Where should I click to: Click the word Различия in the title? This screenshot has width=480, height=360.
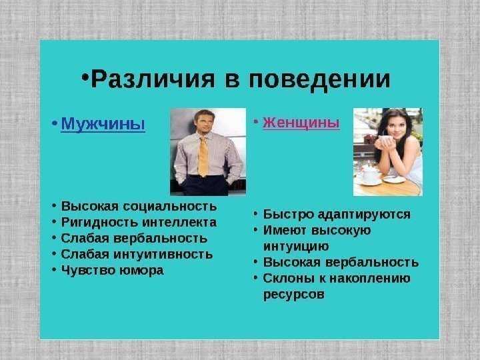point(153,79)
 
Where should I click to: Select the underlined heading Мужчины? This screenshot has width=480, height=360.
point(103,124)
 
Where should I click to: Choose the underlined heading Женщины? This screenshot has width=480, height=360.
point(301,123)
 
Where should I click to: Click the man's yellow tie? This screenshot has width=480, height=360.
point(203,156)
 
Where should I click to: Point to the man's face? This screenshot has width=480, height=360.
point(205,123)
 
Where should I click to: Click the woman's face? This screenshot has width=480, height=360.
point(395,126)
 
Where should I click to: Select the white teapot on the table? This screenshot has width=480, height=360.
point(369,175)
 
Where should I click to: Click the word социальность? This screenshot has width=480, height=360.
point(170,206)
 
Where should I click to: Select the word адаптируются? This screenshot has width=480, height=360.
point(364,215)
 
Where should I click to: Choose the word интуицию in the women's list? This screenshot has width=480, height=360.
point(296,247)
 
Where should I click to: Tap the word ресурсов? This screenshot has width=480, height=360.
point(294,295)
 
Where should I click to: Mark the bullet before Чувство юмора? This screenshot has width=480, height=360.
point(54,270)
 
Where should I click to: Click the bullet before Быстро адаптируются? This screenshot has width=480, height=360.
point(256,214)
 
